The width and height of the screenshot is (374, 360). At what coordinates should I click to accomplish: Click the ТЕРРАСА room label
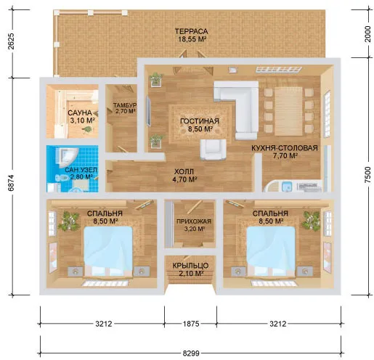coord(191,31)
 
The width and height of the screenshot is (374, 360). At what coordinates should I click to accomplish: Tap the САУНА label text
coord(80,112)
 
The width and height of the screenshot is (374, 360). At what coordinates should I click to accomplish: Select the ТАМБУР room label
coord(125,105)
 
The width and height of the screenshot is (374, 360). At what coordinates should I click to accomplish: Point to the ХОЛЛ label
coord(184,171)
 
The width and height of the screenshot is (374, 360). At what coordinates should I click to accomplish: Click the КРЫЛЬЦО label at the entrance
coord(190,266)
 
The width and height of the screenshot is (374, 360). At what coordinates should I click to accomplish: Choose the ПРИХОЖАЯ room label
coord(194,221)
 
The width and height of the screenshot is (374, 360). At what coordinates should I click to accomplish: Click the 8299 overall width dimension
coord(191,353)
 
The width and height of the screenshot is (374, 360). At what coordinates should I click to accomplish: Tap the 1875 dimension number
coord(191,324)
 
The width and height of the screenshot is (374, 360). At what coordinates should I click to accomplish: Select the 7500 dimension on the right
coord(367,174)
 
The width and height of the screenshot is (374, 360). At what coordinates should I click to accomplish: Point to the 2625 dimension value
coord(11,41)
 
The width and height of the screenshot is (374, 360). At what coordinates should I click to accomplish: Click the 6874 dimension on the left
coord(11,183)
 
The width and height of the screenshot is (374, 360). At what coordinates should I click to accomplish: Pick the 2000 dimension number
coord(367,34)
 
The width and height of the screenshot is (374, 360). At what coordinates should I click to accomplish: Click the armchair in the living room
coord(213,150)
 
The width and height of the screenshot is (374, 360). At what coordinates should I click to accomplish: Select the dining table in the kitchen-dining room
coord(288,111)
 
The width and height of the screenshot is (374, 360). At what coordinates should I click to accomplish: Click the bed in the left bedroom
coord(108,252)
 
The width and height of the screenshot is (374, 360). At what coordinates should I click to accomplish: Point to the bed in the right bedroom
coord(271,252)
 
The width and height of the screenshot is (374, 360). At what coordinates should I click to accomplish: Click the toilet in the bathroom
coord(62,178)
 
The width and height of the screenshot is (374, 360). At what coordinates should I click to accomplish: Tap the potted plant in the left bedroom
coord(68,221)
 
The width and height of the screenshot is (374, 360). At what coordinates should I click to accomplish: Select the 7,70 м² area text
coord(285,156)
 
